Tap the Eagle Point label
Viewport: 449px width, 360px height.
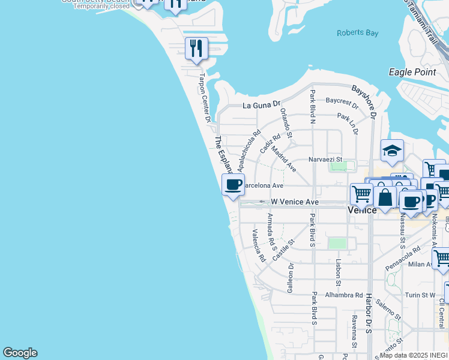pyautogui.click(x=412, y=72)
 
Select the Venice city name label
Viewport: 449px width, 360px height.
pyautogui.click(x=363, y=210)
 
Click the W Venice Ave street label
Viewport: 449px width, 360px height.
pyautogui.click(x=294, y=203)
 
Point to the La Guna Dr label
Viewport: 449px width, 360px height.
pyautogui.click(x=262, y=105)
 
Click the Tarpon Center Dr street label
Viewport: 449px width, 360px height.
pyautogui.click(x=205, y=98)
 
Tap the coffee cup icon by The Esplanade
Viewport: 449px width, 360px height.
pyautogui.click(x=233, y=184)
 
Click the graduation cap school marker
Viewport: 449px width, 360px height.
pyautogui.click(x=391, y=151)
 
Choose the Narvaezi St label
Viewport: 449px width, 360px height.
pyautogui.click(x=325, y=160)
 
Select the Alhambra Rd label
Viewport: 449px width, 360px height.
pyautogui.click(x=345, y=295)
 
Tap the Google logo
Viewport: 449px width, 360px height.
pyautogui.click(x=20, y=353)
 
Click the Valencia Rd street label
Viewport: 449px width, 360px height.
pyautogui.click(x=259, y=246)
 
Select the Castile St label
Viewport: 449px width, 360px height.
pyautogui.click(x=283, y=250)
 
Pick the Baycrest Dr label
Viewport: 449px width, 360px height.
pyautogui.click(x=342, y=103)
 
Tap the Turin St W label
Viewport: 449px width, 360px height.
pyautogui.click(x=420, y=295)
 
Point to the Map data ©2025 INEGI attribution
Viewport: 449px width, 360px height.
pyautogui.click(x=414, y=355)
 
